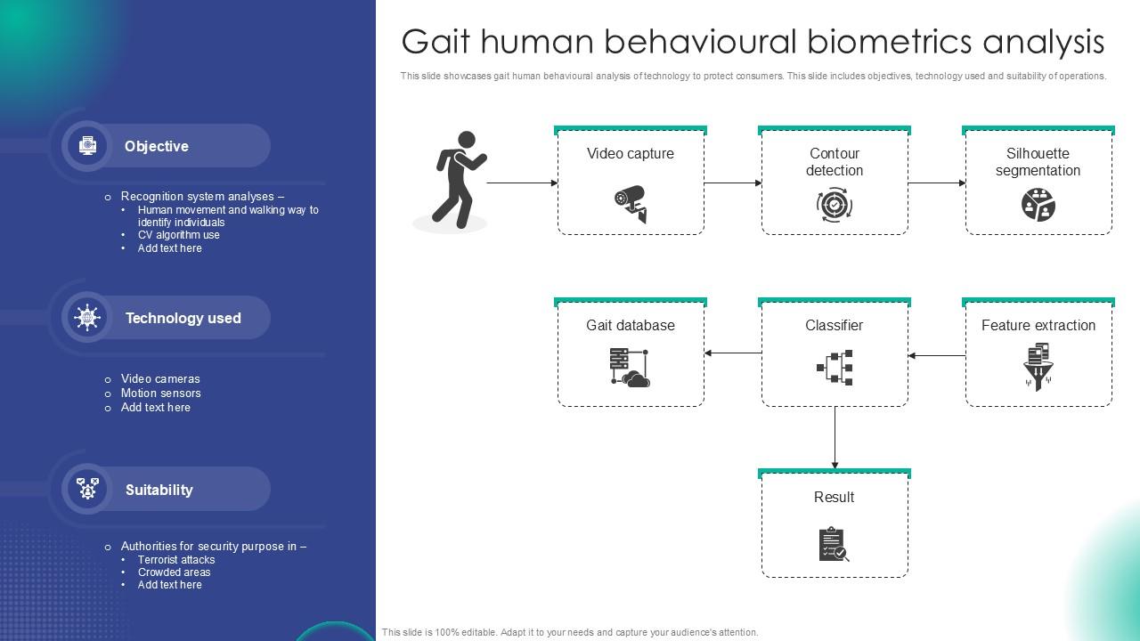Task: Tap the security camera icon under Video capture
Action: (x=631, y=203)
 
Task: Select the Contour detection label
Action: (x=835, y=162)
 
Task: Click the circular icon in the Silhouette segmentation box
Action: (x=1038, y=205)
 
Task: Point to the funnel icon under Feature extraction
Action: (x=1038, y=366)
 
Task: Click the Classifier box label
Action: (x=835, y=326)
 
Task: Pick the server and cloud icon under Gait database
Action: (x=631, y=367)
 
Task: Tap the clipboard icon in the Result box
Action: (x=834, y=544)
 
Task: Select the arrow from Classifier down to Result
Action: (x=835, y=437)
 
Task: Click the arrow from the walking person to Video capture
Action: (x=522, y=183)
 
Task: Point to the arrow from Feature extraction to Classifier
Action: (x=937, y=355)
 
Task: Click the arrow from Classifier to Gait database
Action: (x=733, y=353)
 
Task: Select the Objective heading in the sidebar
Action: (x=157, y=146)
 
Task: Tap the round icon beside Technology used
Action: (x=87, y=318)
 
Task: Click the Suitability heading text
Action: (x=159, y=490)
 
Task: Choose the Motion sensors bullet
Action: (x=161, y=393)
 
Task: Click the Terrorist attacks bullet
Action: (x=176, y=559)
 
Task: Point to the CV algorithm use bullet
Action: (x=179, y=235)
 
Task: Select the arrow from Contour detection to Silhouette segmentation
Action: (x=937, y=183)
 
